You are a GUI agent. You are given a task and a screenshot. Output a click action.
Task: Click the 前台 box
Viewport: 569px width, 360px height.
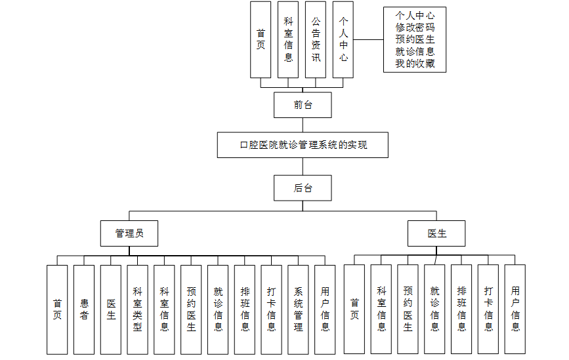[303, 105]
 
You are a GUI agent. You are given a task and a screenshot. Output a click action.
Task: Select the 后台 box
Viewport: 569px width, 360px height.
[303, 188]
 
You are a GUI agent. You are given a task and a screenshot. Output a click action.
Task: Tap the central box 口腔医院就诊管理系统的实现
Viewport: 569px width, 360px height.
[303, 145]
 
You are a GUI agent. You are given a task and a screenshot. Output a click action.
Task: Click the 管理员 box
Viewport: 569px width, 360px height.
[129, 233]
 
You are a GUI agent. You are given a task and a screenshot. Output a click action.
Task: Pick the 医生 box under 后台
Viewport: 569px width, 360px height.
[436, 233]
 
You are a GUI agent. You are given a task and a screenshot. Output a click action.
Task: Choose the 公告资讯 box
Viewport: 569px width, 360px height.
[316, 39]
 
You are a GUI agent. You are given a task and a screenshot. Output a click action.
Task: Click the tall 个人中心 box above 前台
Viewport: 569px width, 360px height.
[343, 39]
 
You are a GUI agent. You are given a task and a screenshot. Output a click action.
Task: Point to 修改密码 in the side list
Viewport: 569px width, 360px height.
[414, 28]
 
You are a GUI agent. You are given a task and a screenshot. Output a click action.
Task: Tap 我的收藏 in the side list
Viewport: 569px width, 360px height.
[414, 64]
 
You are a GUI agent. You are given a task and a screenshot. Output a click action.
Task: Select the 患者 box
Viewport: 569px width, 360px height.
[84, 310]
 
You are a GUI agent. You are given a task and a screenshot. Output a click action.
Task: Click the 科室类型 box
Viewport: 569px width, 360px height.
[137, 310]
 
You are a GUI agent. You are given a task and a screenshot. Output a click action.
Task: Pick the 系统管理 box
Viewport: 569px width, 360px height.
[298, 310]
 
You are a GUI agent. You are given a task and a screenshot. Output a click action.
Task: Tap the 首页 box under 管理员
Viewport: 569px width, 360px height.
[57, 310]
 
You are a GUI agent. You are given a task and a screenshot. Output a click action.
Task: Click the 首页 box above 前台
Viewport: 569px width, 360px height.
[261, 39]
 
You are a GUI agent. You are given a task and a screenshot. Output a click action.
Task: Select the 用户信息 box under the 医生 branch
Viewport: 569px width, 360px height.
[515, 310]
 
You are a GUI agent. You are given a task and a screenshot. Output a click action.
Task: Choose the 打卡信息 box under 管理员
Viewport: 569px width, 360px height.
[271, 310]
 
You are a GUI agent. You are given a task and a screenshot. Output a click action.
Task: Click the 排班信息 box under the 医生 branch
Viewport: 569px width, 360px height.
[461, 310]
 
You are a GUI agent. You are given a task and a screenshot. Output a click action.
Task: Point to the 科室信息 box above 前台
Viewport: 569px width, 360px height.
[288, 39]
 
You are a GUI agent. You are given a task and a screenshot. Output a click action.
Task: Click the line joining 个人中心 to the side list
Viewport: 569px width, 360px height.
[368, 39]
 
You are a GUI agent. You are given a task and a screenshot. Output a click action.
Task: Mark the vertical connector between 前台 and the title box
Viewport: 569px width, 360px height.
[303, 125]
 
